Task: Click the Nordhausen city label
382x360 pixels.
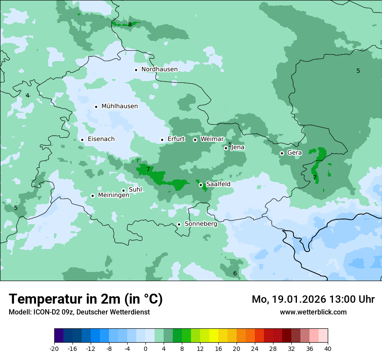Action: [x=159, y=69]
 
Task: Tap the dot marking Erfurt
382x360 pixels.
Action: [x=162, y=140]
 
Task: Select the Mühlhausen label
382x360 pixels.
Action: [x=119, y=106]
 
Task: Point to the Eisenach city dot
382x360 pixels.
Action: [x=82, y=140]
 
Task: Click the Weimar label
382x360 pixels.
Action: [x=212, y=139]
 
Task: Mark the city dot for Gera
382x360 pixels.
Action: [x=282, y=153]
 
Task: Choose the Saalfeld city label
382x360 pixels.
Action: [x=218, y=184]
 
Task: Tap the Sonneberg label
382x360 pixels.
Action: [x=201, y=224]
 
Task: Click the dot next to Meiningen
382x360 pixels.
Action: [x=92, y=196]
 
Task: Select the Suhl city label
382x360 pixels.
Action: [x=135, y=190]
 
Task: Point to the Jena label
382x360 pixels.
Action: [x=237, y=147]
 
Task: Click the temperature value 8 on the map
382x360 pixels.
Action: [x=130, y=24]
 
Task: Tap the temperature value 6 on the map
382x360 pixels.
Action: [x=235, y=273]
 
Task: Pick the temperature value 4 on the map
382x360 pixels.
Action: [x=27, y=95]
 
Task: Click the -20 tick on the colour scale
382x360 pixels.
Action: [x=54, y=349]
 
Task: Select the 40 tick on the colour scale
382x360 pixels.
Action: [x=327, y=349]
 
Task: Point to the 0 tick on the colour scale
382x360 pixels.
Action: [x=145, y=349]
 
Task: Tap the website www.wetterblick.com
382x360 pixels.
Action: [x=313, y=312]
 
